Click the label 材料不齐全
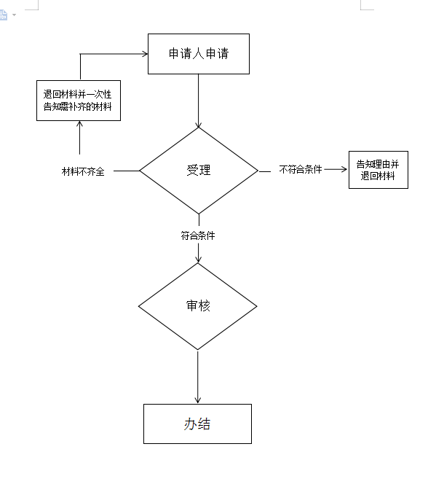click(x=83, y=171)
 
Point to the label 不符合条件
click(x=301, y=170)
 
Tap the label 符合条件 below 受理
click(x=198, y=235)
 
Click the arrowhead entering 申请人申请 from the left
click(x=146, y=54)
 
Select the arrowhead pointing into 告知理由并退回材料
click(x=344, y=170)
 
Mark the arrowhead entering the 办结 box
click(x=197, y=401)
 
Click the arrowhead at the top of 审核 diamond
click(x=198, y=260)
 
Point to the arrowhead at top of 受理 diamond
click(x=198, y=125)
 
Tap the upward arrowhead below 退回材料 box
click(x=80, y=124)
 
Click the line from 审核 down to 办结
click(x=197, y=377)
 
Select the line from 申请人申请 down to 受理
click(x=198, y=101)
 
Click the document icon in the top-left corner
click(x=3, y=15)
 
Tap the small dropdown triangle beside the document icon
click(x=14, y=15)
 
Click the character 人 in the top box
click(x=198, y=54)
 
